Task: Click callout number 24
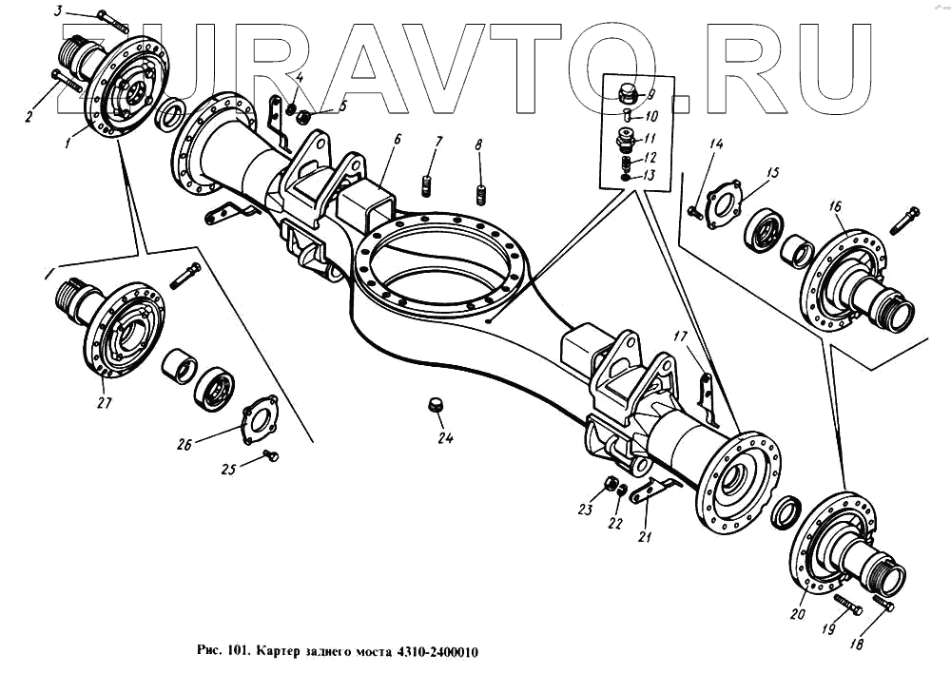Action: tap(445, 438)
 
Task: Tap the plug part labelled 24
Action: tap(437, 406)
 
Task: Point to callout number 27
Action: tap(104, 402)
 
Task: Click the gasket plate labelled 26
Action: tap(258, 419)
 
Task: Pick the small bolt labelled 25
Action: tap(272, 457)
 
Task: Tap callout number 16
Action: tap(835, 205)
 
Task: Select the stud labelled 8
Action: tap(482, 198)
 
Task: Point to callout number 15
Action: tap(773, 173)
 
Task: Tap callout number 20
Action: tap(797, 614)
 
